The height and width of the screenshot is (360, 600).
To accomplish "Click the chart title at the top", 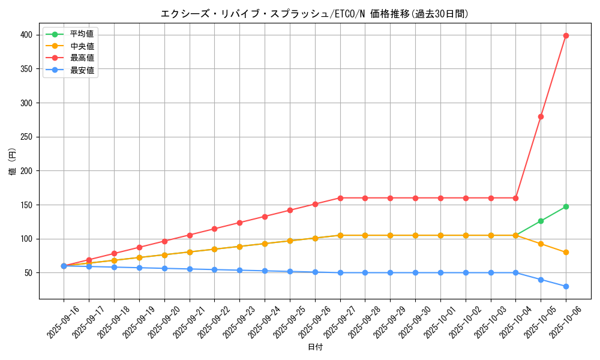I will [314, 14].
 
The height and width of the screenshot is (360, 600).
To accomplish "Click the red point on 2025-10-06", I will [566, 35].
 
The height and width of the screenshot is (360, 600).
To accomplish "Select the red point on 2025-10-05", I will [541, 116].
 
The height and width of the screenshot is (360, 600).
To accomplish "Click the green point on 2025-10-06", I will [566, 206].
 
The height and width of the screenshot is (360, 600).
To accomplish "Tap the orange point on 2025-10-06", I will [566, 252].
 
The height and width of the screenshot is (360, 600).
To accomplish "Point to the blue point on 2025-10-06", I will [566, 286].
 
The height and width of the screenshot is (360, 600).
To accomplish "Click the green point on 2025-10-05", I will [541, 221].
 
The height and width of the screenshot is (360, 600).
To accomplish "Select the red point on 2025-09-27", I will [340, 198].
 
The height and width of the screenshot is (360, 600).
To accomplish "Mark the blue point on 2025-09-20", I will [164, 268].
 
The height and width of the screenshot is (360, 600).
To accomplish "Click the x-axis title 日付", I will [314, 347].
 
